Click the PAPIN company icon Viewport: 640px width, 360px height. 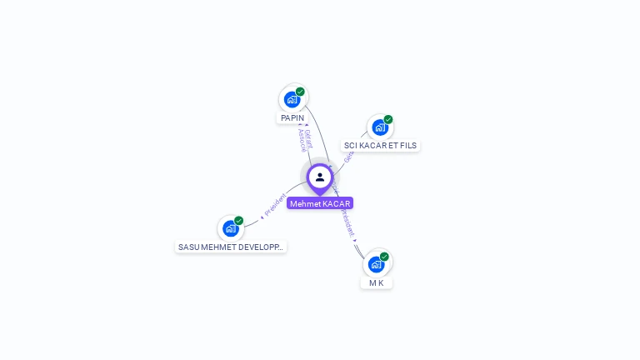pyautogui.click(x=292, y=99)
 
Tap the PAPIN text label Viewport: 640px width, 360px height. pyautogui.click(x=292, y=118)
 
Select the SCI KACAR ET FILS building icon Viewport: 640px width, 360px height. pyautogui.click(x=380, y=127)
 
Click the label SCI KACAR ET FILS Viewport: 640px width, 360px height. pyautogui.click(x=380, y=145)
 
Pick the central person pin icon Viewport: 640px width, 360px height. pyautogui.click(x=319, y=177)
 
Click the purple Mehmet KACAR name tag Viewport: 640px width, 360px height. pyautogui.click(x=320, y=203)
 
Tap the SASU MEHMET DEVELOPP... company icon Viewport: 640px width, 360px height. pyautogui.click(x=231, y=228)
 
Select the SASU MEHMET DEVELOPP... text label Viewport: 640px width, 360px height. pyautogui.click(x=231, y=247)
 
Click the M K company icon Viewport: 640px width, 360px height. pyautogui.click(x=377, y=264)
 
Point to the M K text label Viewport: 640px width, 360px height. pyautogui.click(x=377, y=283)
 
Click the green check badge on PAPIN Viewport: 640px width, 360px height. pyautogui.click(x=300, y=92)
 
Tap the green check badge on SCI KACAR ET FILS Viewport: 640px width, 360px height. pyautogui.click(x=388, y=120)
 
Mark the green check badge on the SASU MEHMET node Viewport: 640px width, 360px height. pyautogui.click(x=239, y=221)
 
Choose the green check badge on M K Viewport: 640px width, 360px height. pyautogui.click(x=384, y=257)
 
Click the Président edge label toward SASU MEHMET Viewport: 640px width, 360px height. pyautogui.click(x=275, y=205)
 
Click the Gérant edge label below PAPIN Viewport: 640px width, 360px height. pyautogui.click(x=308, y=138)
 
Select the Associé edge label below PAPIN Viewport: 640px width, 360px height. pyautogui.click(x=302, y=140)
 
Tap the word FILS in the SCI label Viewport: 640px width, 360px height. pyautogui.click(x=408, y=145)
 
